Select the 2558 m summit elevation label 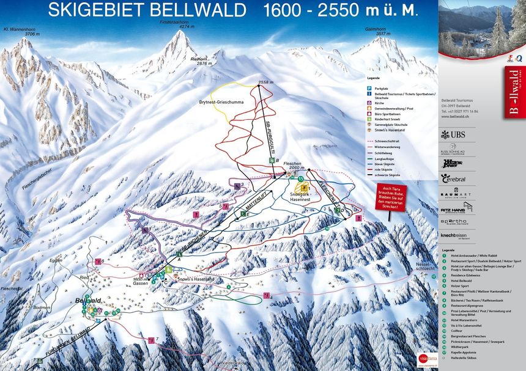[265, 82]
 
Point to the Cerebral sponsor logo [453, 178]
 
